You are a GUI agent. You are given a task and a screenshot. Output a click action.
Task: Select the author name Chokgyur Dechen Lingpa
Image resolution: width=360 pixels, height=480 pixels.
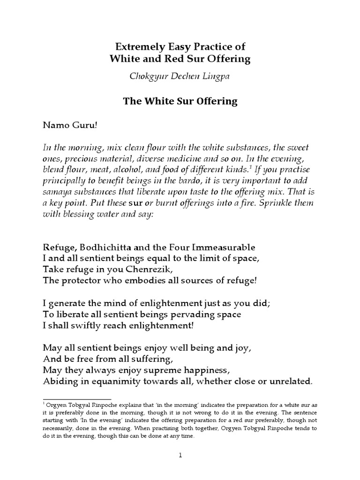pos(180,78)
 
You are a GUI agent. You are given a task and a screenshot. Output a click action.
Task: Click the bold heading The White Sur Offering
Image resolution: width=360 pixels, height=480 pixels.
pos(180,101)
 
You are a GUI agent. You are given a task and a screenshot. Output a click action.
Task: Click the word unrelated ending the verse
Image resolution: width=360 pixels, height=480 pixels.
pos(289,381)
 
